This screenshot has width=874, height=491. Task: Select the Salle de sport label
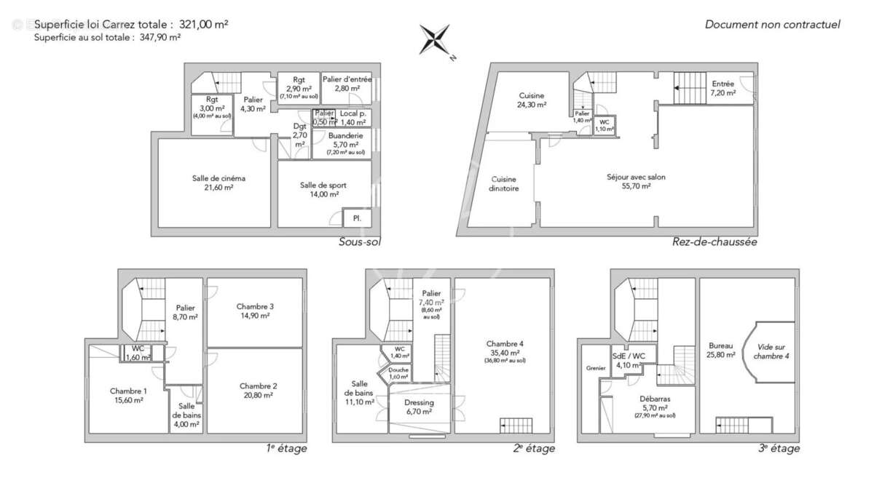point(323,185)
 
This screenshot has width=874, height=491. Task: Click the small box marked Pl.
point(357,217)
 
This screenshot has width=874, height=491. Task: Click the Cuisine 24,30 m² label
point(532,96)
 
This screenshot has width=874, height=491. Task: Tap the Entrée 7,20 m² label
point(723,84)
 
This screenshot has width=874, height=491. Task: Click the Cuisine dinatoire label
point(504,183)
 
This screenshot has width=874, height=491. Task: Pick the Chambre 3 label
point(255,306)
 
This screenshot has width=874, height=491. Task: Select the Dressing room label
point(419,402)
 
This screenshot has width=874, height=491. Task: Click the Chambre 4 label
point(505,344)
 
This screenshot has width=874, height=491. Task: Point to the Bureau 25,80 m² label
point(720,346)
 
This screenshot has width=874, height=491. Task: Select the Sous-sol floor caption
point(360,242)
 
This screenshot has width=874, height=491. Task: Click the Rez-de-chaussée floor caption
point(714,242)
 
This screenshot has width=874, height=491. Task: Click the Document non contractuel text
point(772,25)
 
